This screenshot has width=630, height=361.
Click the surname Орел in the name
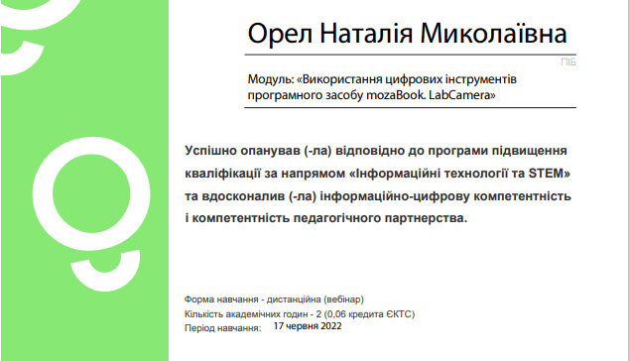pyautogui.click(x=280, y=34)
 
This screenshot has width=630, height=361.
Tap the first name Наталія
pyautogui.click(x=366, y=33)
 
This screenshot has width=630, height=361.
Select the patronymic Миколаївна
pyautogui.click(x=493, y=33)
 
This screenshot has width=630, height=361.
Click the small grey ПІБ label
pyautogui.click(x=568, y=62)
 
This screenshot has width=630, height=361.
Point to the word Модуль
pyautogui.click(x=270, y=79)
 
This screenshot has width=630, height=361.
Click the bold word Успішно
pyautogui.click(x=210, y=151)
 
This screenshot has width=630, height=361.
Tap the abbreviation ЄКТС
pyautogui.click(x=399, y=314)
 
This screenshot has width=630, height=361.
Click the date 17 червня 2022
pyautogui.click(x=308, y=326)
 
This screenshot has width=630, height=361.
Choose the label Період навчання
pyautogui.click(x=222, y=328)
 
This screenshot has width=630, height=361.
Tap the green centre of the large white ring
pyautogui.click(x=91, y=193)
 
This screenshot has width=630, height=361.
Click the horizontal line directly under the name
pyautogui.click(x=410, y=55)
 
